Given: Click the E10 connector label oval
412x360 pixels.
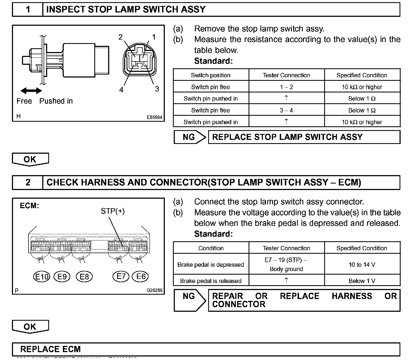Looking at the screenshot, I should coord(42,277).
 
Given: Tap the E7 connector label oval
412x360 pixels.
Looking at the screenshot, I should coord(121,277).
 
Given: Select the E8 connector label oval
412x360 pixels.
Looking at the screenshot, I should coord(84,277).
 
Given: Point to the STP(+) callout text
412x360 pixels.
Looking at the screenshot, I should coord(113,211).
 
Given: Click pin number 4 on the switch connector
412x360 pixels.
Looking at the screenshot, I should coord(121,90).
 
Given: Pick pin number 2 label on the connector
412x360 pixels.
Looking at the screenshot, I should coord(121,37).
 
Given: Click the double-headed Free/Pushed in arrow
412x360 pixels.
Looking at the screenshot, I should coord(31,91).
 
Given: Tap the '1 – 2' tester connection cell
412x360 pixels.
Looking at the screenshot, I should coord(287,87).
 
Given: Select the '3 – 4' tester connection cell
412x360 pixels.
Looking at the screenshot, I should coord(287,110).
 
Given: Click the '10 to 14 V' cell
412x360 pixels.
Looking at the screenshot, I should coord(362,265).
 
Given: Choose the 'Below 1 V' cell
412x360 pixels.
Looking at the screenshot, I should coord(362,281).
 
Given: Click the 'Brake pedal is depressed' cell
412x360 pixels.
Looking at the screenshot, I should coord(211,265).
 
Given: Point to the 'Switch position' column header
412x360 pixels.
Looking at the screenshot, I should coord(211,75).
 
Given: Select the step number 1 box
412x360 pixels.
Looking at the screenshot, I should coord(28,10).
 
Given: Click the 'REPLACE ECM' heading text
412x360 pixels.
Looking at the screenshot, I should coord(50,349).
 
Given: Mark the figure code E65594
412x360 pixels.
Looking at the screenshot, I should coord(154,117).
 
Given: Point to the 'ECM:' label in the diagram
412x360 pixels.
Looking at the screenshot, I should coord(29,206).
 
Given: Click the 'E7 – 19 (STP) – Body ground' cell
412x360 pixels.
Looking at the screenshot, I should coord(287,264).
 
